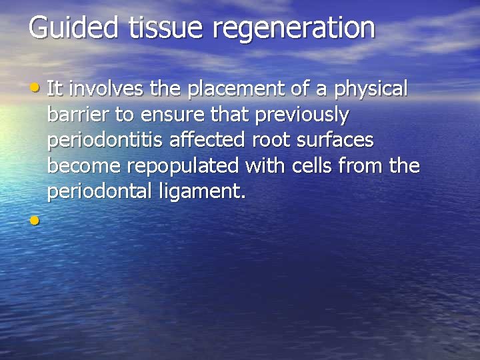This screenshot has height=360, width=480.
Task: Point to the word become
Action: (84, 167)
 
